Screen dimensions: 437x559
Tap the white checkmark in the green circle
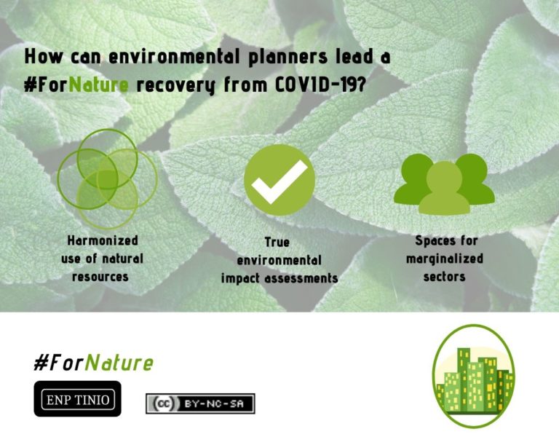[x=279, y=179]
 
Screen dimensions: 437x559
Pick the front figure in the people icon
[x=444, y=190]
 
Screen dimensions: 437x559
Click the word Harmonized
[x=103, y=240]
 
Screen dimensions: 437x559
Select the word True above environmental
[x=279, y=242]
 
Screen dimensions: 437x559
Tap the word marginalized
[x=444, y=259]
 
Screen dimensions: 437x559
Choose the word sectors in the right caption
[x=444, y=277]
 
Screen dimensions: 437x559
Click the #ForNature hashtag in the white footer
[x=93, y=363]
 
